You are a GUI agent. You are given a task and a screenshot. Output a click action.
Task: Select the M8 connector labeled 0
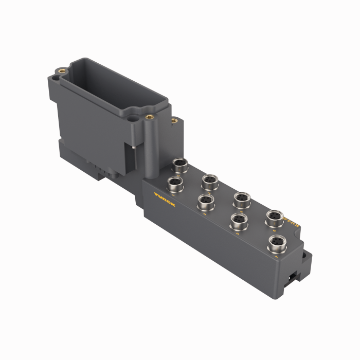tap(179, 165)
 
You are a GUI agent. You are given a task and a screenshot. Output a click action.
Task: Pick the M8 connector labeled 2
tap(209, 181)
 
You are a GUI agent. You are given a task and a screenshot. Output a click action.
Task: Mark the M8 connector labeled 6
tap(274, 217)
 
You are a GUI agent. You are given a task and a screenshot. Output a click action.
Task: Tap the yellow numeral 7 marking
tap(277, 255)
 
